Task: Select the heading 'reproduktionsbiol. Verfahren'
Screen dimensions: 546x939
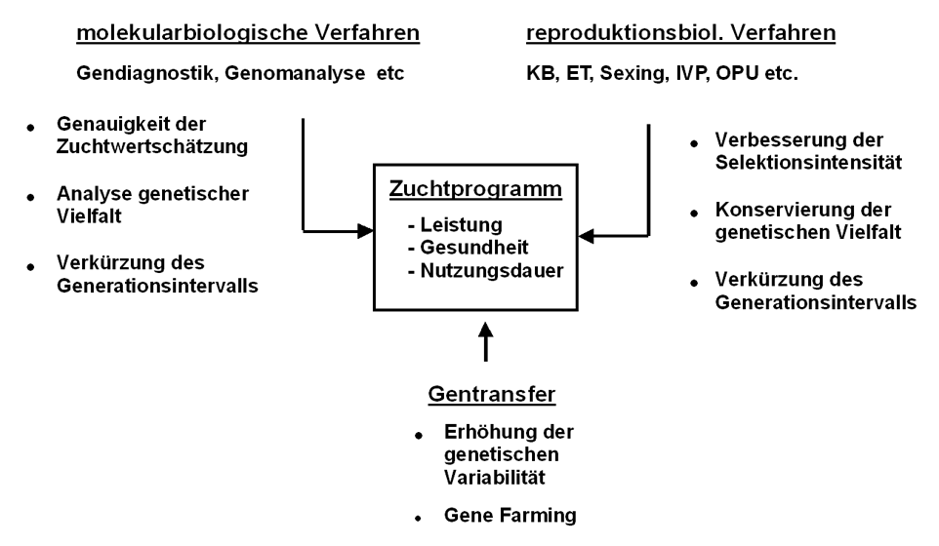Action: pos(680,33)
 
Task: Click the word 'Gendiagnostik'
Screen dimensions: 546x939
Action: pos(134,73)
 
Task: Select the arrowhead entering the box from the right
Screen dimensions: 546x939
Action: pos(586,235)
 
